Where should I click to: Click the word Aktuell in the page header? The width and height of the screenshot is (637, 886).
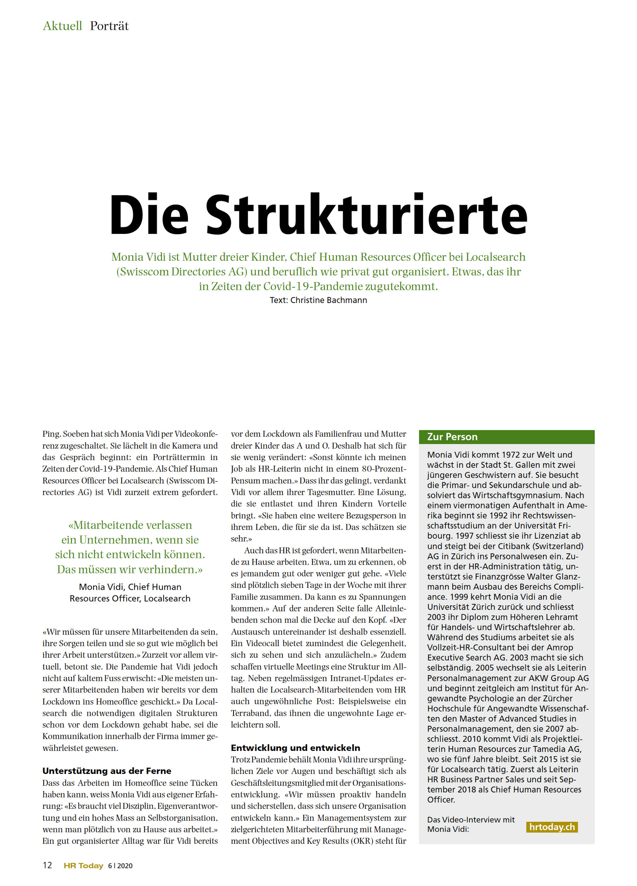62,26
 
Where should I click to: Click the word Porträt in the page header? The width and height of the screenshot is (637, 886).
109,26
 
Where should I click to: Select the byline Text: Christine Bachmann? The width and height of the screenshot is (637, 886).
318,300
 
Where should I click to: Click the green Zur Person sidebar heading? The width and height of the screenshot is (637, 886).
452,437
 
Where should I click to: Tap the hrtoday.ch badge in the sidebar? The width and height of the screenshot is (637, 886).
552,827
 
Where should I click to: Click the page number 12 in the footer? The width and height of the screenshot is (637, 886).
47,865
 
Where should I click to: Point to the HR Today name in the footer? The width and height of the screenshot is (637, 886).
83,866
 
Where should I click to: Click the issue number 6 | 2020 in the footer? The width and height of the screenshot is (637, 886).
121,866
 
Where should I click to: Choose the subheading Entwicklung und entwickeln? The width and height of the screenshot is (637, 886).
295,748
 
